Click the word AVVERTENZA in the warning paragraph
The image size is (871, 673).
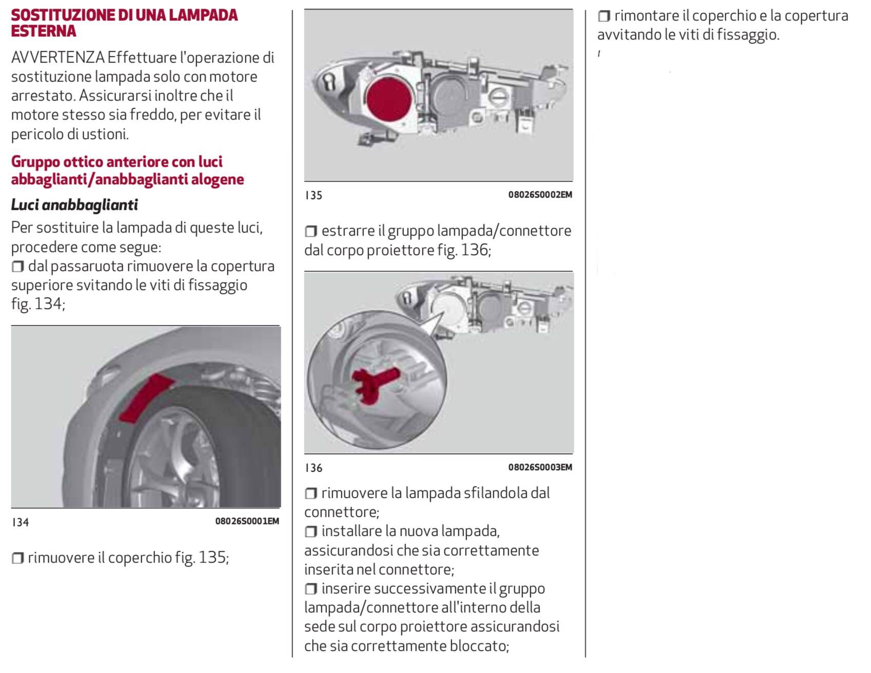(x=58, y=57)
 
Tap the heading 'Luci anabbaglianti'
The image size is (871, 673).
(x=74, y=205)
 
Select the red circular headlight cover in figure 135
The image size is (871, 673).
(x=389, y=99)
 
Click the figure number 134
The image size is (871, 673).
(x=21, y=523)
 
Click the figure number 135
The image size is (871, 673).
(x=314, y=196)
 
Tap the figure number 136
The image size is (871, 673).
(x=314, y=468)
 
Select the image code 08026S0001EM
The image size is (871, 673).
(x=247, y=522)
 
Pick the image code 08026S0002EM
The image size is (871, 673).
(x=540, y=195)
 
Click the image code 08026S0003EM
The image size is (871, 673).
(x=540, y=467)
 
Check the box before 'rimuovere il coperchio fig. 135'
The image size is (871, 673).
(x=17, y=558)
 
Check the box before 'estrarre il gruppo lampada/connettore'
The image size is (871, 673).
(x=311, y=231)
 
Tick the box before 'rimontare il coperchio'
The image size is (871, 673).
(x=604, y=16)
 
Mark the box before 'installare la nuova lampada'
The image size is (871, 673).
(x=311, y=531)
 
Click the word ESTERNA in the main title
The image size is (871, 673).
(x=44, y=31)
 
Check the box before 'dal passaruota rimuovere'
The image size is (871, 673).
(x=17, y=266)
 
